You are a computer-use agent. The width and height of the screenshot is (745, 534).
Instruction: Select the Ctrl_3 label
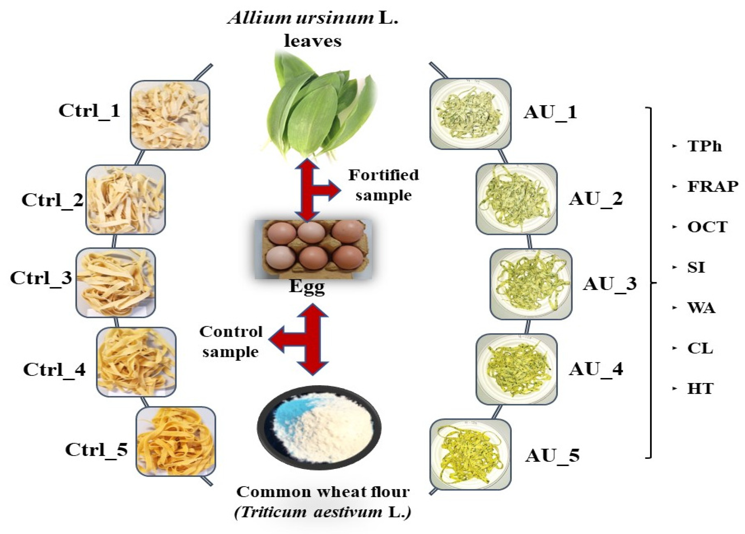(x=41, y=278)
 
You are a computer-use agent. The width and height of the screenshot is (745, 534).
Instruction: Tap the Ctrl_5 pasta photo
(x=176, y=441)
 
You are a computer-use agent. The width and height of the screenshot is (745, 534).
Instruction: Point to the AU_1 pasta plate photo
(x=470, y=113)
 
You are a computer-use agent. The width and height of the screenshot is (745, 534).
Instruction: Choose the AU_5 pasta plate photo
(x=470, y=454)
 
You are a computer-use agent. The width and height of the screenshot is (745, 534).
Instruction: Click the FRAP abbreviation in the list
(x=712, y=187)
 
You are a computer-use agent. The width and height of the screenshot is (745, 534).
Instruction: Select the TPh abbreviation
(x=704, y=146)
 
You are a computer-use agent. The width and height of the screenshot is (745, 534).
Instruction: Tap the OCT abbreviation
(x=707, y=227)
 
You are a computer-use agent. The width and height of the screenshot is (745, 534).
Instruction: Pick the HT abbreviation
(x=700, y=389)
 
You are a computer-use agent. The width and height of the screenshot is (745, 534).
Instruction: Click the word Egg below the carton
(x=307, y=287)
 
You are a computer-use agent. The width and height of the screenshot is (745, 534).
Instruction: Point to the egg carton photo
(x=313, y=249)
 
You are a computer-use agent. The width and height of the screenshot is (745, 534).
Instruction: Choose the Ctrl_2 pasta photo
(x=125, y=200)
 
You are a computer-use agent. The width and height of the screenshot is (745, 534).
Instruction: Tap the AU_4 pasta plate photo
(x=516, y=369)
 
